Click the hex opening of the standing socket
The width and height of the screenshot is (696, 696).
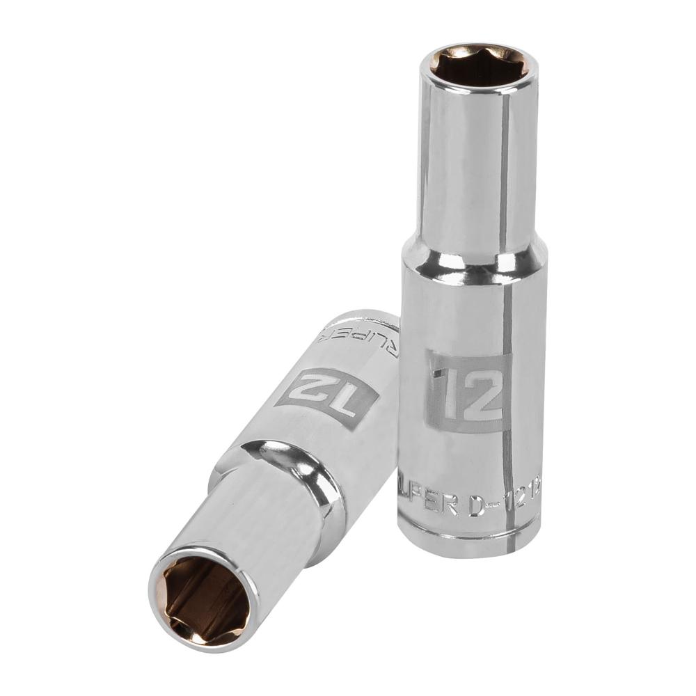(477, 67)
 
